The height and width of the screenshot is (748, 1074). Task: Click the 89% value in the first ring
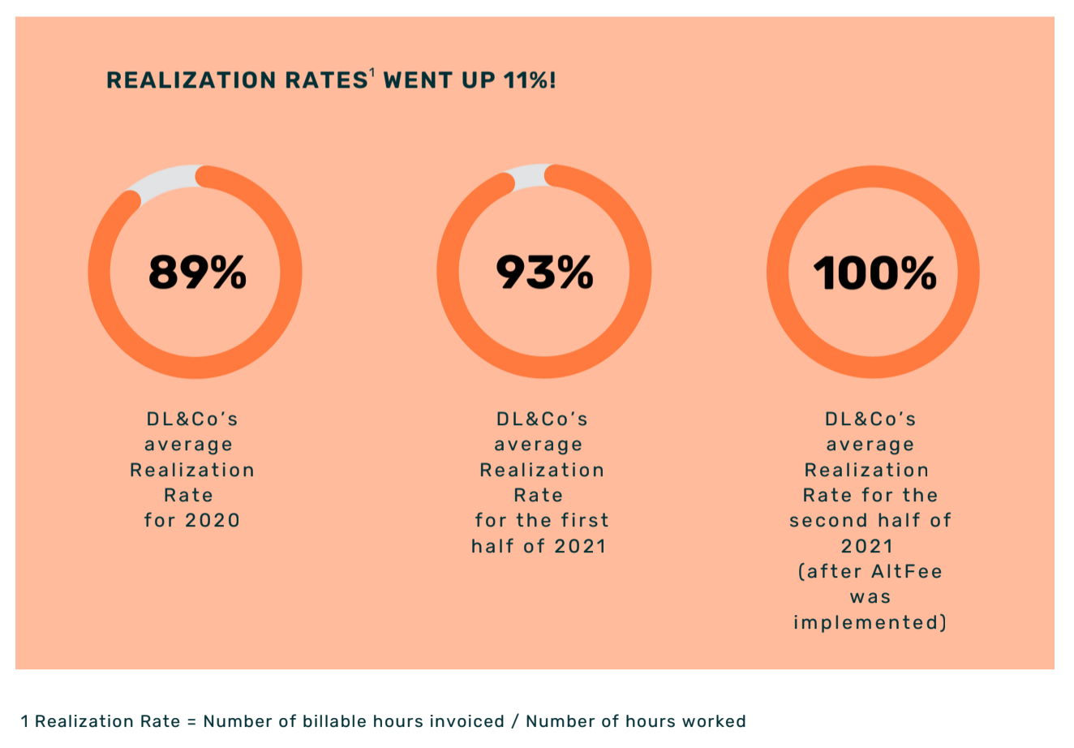tap(197, 272)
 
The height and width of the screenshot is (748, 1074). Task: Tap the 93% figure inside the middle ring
tap(544, 272)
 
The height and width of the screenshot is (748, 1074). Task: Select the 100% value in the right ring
tap(874, 273)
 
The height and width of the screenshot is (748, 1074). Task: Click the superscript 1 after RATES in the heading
tap(372, 74)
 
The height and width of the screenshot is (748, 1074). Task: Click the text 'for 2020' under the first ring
tap(192, 520)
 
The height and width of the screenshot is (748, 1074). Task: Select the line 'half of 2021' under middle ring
tap(539, 546)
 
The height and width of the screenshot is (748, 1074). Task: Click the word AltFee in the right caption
tap(906, 571)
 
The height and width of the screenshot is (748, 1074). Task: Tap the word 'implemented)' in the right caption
tap(870, 622)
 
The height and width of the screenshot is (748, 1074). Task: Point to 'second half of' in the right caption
tap(870, 520)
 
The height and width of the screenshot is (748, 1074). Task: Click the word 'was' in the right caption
tap(870, 597)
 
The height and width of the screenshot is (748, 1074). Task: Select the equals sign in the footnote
tap(191, 721)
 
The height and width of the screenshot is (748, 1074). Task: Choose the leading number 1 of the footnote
tap(25, 721)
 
